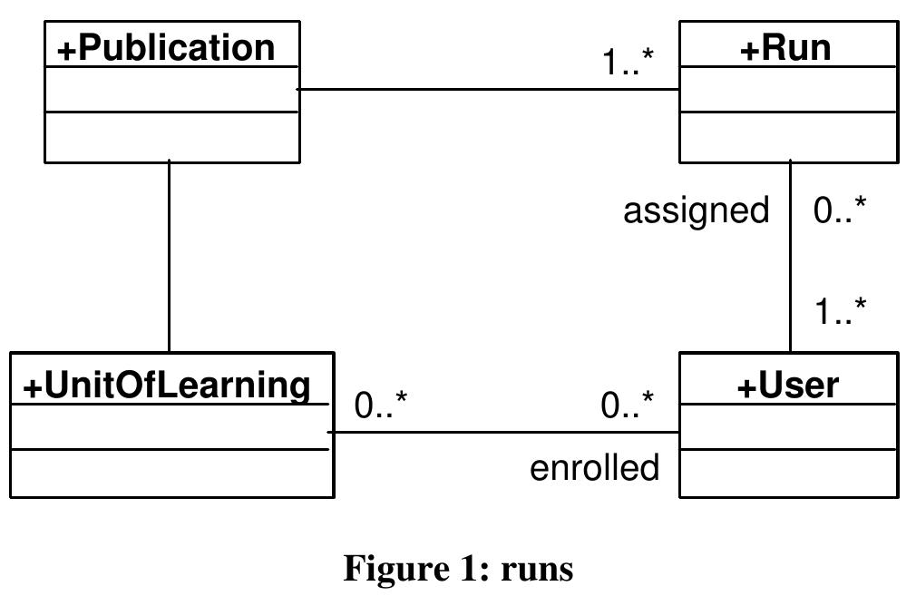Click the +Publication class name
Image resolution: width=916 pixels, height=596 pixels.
coord(166,47)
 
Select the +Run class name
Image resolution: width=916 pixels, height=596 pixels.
coord(785,47)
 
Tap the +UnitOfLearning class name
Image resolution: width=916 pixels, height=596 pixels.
coord(167,386)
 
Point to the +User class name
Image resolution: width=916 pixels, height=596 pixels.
coord(787,386)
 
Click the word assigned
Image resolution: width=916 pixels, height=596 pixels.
coord(696,210)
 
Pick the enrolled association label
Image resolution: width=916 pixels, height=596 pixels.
coord(594,468)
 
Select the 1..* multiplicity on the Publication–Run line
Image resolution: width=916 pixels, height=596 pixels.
coord(629,63)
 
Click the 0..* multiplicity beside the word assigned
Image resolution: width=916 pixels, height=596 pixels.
coord(840,210)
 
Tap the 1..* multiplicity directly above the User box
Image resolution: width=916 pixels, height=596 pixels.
coord(840,312)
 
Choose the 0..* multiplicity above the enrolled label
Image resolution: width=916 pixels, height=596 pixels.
coord(628,405)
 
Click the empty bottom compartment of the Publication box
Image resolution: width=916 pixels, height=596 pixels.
coord(172,137)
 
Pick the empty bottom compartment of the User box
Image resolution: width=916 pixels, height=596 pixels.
coord(788,473)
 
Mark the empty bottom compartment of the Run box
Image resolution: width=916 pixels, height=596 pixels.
coord(788,137)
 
